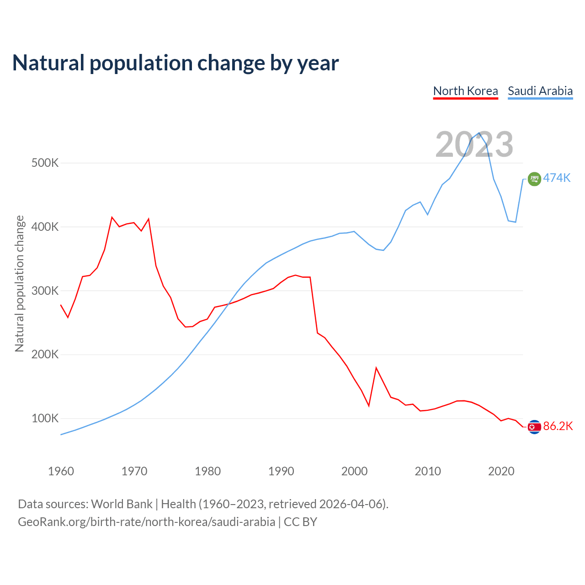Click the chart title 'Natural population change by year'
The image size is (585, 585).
pos(175,63)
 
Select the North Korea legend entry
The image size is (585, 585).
pos(465,91)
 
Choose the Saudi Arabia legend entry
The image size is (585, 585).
pos(540,91)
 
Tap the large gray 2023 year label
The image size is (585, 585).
pos(474,144)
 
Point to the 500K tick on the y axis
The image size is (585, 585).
pos(45,163)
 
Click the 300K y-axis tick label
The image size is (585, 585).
pos(45,291)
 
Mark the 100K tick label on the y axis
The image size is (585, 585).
pos(45,419)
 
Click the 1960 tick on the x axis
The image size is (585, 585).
pos(61,471)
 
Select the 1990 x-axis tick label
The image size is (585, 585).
pos(281,471)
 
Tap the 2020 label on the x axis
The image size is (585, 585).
pos(501,471)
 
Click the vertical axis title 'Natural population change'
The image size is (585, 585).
pos(20,283)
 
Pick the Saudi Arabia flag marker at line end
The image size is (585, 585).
pos(534,179)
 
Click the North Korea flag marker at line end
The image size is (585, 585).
pos(534,427)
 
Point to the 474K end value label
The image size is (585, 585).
pos(557,178)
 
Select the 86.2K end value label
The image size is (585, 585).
pos(558,426)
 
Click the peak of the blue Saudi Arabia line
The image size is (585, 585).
pos(479,133)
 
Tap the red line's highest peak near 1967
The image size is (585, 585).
pos(112,217)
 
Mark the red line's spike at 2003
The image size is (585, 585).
pos(376,367)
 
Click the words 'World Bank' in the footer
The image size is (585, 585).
pos(122,504)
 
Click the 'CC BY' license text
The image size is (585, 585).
pos(300,522)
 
